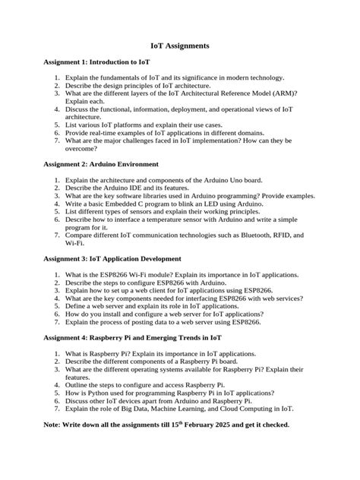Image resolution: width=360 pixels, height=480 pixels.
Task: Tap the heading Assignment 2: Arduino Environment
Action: coord(101,164)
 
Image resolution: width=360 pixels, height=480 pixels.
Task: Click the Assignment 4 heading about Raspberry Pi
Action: coord(133,336)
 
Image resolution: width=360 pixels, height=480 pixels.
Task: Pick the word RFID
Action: coord(278,235)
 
